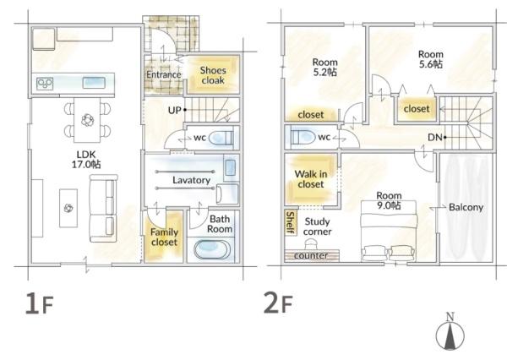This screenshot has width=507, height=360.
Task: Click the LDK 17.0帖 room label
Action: coord(86,160)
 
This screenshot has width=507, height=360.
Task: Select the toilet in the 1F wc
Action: coord(221,138)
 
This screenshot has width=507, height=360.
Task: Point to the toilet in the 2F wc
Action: coord(303,138)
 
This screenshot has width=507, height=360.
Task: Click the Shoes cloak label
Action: coord(213,75)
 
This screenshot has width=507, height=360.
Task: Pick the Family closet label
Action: coord(164,237)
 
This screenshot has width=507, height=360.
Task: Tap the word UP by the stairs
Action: coord(175,111)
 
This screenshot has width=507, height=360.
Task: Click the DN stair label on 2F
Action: coord(435,138)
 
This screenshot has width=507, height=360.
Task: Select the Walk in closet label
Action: coord(311,179)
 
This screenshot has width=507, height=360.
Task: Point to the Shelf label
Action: coord(291,222)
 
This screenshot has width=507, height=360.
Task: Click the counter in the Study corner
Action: coord(312,255)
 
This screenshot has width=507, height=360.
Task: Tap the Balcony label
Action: coord(466,207)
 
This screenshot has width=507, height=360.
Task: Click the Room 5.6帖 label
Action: coord(431,59)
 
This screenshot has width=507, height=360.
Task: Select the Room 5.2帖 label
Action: coord(325,67)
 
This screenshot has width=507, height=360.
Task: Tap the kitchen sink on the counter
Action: coord(94,83)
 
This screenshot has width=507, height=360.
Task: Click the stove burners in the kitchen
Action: coord(45,84)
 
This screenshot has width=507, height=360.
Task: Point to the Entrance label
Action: coord(164,74)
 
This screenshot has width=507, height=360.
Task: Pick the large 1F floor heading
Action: coord(39,303)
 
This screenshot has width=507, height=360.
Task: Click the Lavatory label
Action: coord(192,180)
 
